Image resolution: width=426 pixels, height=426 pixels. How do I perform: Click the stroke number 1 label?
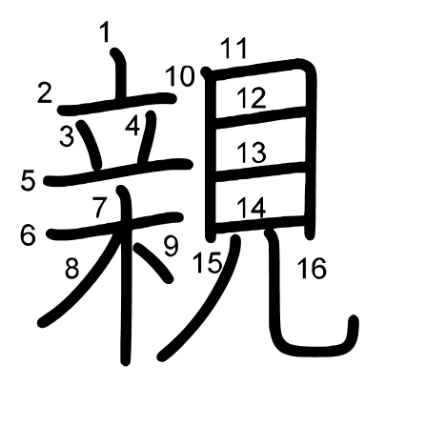(x=105, y=32)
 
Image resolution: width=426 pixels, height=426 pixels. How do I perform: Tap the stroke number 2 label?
(x=45, y=92)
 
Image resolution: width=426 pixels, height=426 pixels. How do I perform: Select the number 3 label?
(x=67, y=136)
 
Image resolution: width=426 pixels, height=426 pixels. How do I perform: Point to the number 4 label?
(x=132, y=126)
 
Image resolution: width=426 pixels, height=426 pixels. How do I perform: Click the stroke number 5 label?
(x=28, y=180)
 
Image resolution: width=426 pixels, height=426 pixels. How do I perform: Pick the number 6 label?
(x=28, y=235)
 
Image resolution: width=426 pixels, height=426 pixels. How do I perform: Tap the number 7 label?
(x=99, y=207)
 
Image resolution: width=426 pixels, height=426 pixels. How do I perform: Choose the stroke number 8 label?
(x=71, y=269)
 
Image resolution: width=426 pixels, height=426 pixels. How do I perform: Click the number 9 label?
(x=172, y=247)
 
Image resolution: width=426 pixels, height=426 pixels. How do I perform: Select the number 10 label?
(x=180, y=76)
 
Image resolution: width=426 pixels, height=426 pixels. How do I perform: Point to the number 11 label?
(x=234, y=49)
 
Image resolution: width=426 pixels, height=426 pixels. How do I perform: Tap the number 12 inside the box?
(x=252, y=98)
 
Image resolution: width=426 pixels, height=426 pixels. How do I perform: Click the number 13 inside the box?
(x=252, y=152)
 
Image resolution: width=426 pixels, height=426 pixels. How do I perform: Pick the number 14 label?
(x=252, y=208)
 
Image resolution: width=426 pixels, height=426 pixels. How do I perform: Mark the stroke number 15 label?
(x=208, y=262)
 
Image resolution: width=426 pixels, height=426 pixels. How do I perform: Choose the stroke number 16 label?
(x=312, y=269)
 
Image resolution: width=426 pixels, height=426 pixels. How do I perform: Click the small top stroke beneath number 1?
(x=121, y=73)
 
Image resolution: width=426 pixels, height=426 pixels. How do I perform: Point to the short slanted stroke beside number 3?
(x=90, y=145)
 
